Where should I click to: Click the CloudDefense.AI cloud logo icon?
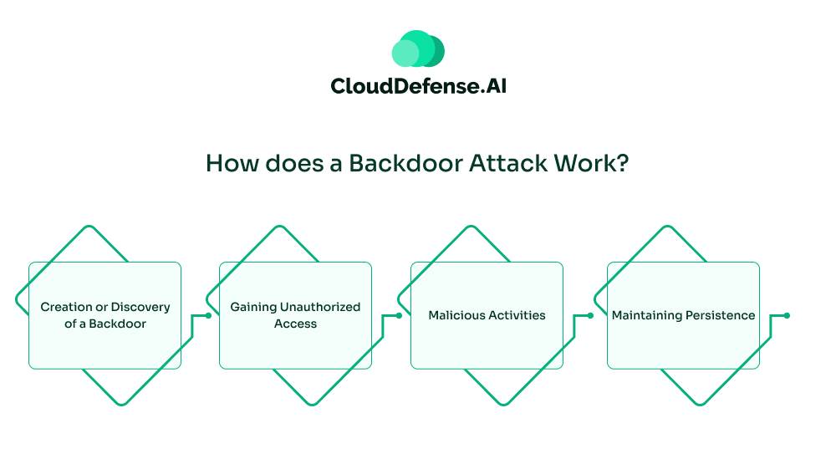[x=418, y=49]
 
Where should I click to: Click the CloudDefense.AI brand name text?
[x=418, y=86]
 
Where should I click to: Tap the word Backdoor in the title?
[x=390, y=163]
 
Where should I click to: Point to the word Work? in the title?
[x=590, y=163]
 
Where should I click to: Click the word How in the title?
[x=228, y=163]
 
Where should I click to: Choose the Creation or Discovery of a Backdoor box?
[x=105, y=315]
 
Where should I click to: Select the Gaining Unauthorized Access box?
[x=295, y=315]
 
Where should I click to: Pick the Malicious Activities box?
[x=487, y=315]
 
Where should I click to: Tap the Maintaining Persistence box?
[x=683, y=315]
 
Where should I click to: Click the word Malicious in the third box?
[x=456, y=315]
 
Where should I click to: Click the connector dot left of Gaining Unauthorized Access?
[x=208, y=315]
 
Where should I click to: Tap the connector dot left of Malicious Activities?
[x=399, y=315]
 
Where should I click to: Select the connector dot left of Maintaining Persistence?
[x=590, y=315]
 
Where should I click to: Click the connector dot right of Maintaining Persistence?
[x=788, y=315]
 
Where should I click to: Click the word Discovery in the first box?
[x=140, y=307]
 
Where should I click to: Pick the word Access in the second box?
[x=295, y=324]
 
